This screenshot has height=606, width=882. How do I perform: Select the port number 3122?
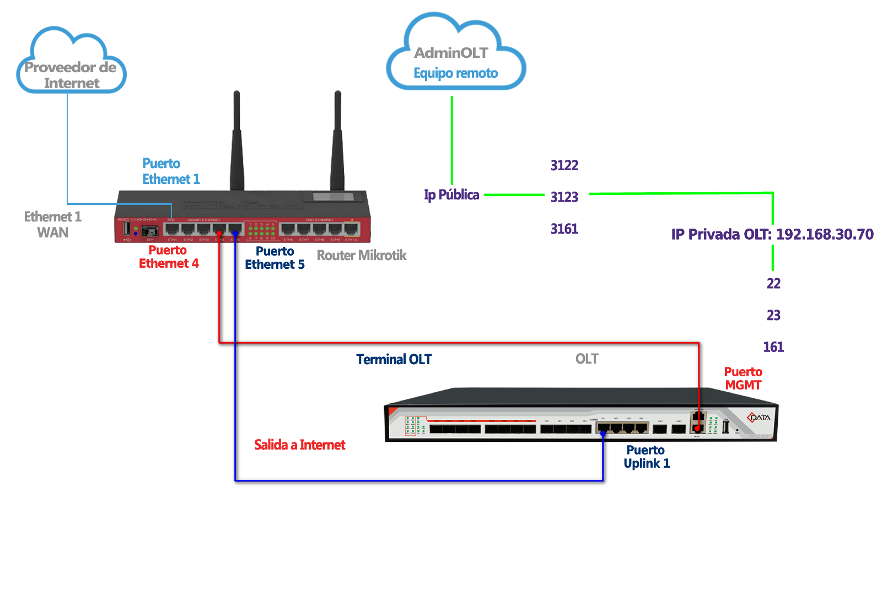coord(564,165)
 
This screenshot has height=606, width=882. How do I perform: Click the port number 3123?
coord(564,197)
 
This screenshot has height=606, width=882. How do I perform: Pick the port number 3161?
coord(564,229)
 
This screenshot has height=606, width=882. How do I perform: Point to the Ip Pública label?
coord(451,194)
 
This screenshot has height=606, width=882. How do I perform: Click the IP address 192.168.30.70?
coord(825,234)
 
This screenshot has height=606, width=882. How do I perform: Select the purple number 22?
coord(773,283)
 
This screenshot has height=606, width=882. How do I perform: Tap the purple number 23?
coord(773,315)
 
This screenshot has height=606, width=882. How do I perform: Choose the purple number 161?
coord(773,347)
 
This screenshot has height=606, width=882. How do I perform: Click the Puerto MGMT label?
coord(743,378)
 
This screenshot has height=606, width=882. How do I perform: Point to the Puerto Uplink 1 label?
coord(646,457)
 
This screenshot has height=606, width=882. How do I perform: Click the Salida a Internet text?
coord(299,445)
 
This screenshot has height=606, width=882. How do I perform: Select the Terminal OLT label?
coord(394,359)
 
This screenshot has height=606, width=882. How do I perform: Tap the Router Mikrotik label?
coord(361,255)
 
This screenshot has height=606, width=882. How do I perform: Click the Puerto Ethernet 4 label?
coord(168,257)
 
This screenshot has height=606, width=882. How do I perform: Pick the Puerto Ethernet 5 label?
coord(275,258)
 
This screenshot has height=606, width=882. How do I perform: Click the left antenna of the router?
coord(236,143)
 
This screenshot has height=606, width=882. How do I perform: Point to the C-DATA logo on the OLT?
coord(759,417)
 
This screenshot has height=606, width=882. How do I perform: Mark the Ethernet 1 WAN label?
coord(52,224)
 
